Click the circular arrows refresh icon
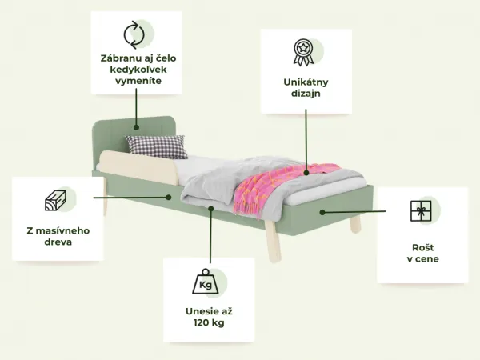coord(134,34)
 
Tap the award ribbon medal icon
coord(303,52)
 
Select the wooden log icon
coord(55,201)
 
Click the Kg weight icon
coord(206,282)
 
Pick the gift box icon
coord(421,211)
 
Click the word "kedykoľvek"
coord(138,70)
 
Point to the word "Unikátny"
coord(306,82)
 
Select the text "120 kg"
coord(209,322)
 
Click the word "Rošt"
coord(422,247)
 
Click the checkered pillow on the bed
coord(157,146)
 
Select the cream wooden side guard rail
coord(139,167)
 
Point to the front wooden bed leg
coord(273,242)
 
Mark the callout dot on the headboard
coord(136,127)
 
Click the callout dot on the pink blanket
coord(306,173)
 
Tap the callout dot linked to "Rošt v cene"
coord(322,212)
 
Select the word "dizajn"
coord(306,94)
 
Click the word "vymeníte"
coord(138,81)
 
